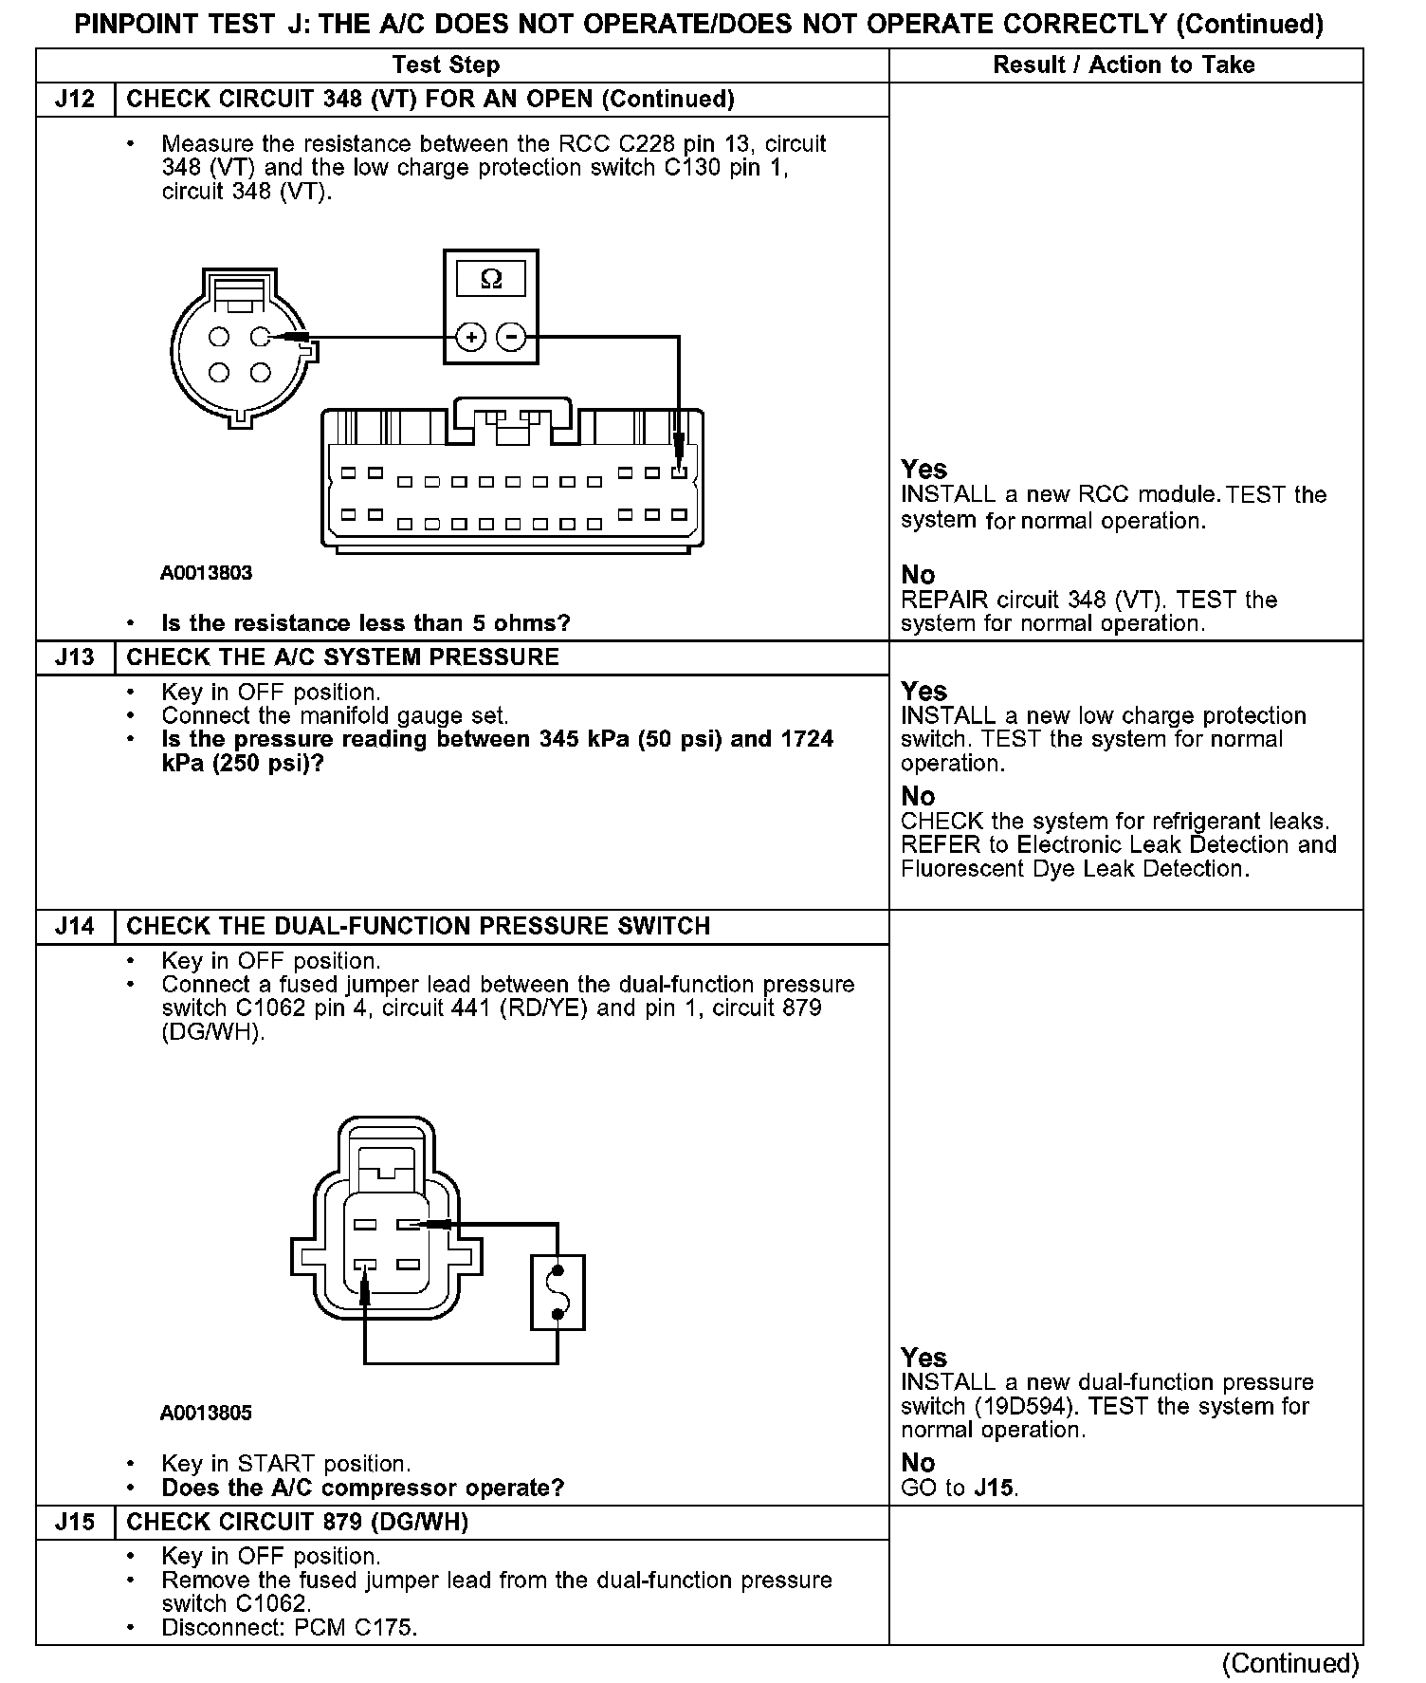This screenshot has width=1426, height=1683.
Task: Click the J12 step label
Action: pyautogui.click(x=75, y=100)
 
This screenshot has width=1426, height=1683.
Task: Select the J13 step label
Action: pyautogui.click(x=75, y=657)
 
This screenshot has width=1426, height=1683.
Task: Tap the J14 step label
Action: pyautogui.click(x=75, y=926)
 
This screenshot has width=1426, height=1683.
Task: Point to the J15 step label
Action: pyautogui.click(x=75, y=1522)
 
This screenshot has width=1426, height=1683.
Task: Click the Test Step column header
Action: pyautogui.click(x=446, y=65)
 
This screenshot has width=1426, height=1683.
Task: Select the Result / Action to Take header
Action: pyautogui.click(x=1124, y=65)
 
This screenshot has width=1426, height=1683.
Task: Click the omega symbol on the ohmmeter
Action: pyautogui.click(x=491, y=279)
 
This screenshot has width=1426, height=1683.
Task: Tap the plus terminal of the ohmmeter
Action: pyautogui.click(x=471, y=337)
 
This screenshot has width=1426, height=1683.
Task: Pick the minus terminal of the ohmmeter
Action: pyautogui.click(x=512, y=337)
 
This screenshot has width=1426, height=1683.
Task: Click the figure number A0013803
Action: pyautogui.click(x=206, y=573)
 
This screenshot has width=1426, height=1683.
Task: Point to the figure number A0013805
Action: pyautogui.click(x=206, y=1413)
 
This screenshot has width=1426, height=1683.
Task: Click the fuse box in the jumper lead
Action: pyautogui.click(x=558, y=1292)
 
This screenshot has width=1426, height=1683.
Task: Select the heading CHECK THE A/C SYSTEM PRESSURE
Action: pyautogui.click(x=342, y=657)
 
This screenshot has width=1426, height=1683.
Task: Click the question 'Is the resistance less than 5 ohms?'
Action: pyautogui.click(x=366, y=623)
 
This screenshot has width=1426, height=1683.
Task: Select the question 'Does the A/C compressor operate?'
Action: pyautogui.click(x=363, y=1488)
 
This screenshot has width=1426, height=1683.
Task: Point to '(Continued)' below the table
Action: pyautogui.click(x=1290, y=1663)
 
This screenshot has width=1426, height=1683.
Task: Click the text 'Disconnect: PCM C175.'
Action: pyautogui.click(x=289, y=1628)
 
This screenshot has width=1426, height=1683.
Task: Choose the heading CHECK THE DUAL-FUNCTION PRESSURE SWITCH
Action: pyautogui.click(x=418, y=926)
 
